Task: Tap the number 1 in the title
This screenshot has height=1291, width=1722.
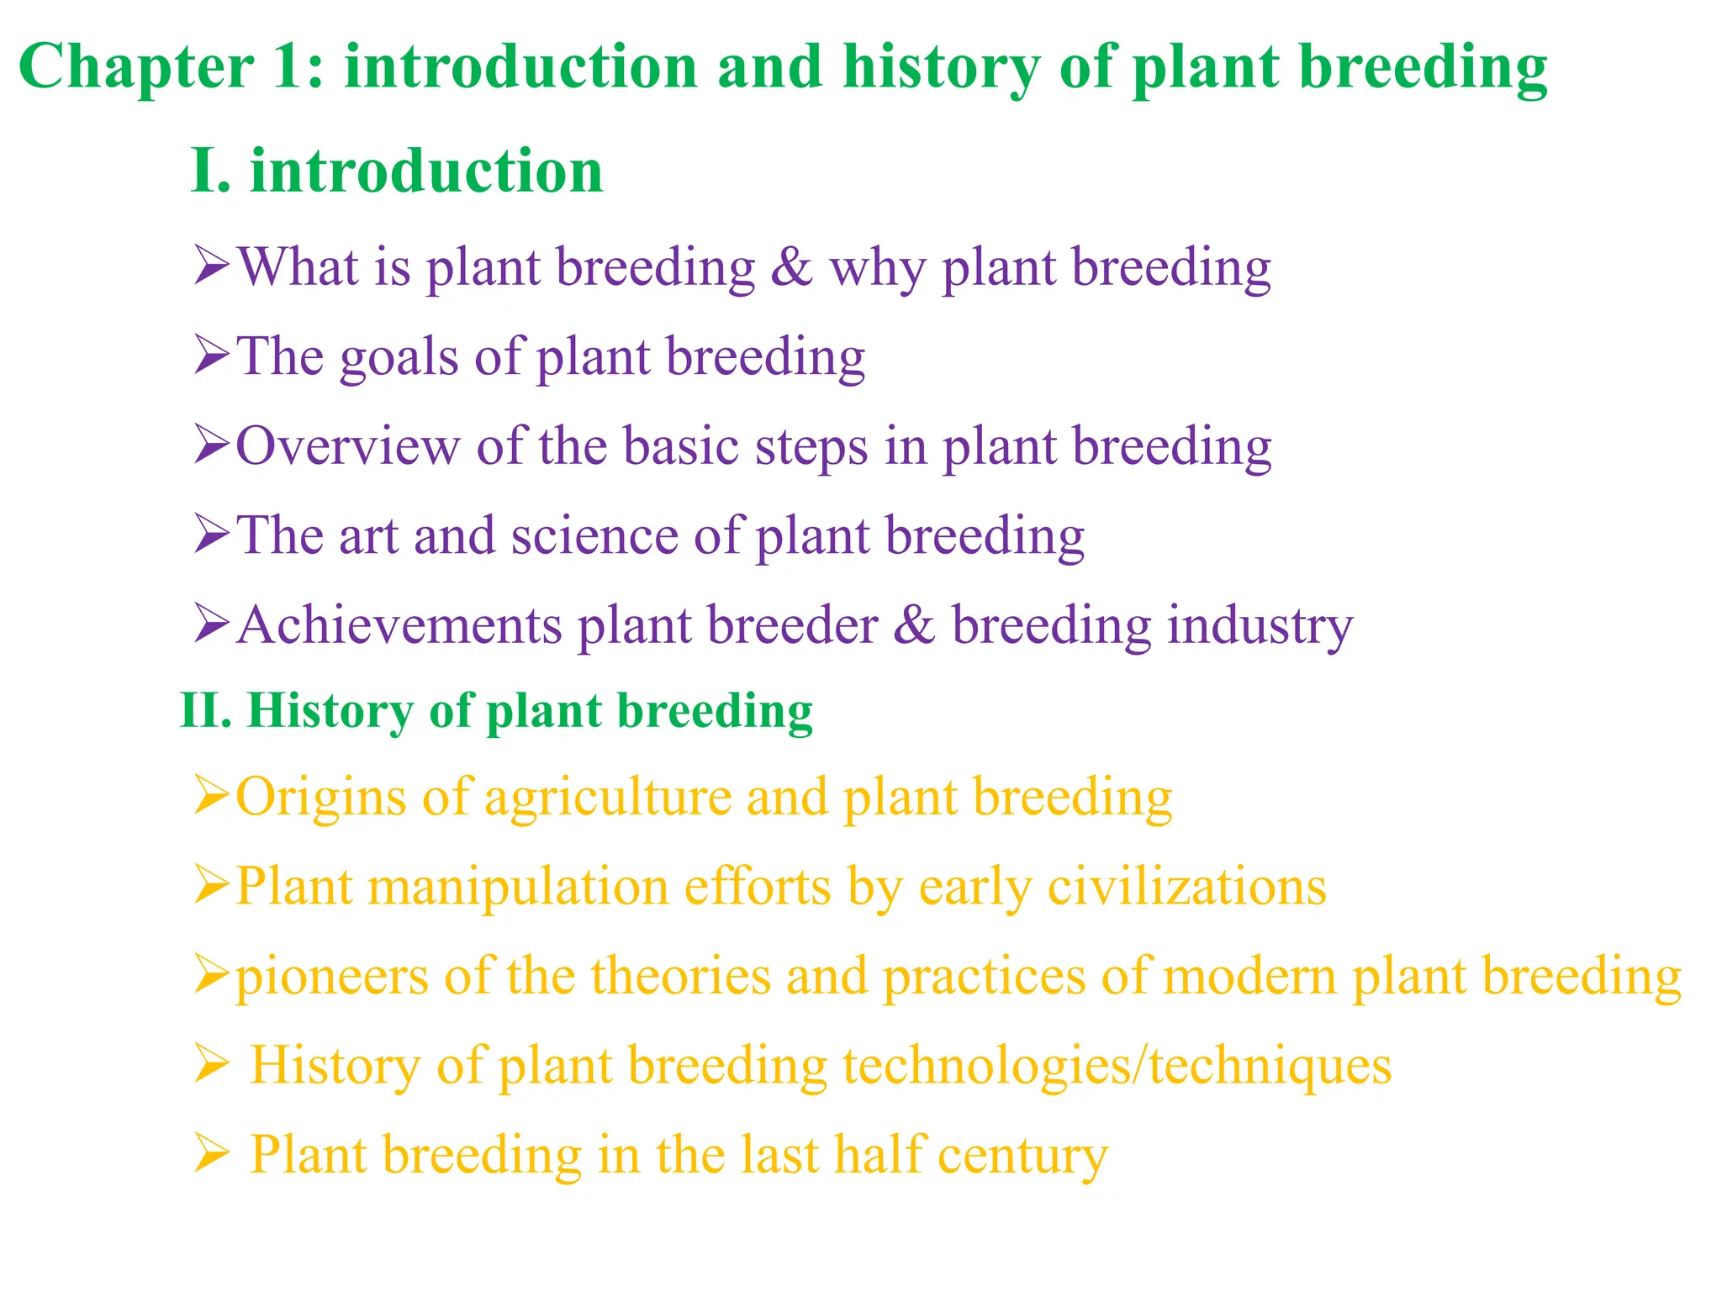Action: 291,67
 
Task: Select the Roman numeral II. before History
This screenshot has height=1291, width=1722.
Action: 205,711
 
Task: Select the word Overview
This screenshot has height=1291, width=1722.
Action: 347,446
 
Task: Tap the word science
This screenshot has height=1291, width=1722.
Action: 594,536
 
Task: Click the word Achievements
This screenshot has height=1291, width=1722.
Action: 399,625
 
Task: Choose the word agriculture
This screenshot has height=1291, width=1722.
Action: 608,798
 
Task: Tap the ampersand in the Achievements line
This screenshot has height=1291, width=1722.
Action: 914,625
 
